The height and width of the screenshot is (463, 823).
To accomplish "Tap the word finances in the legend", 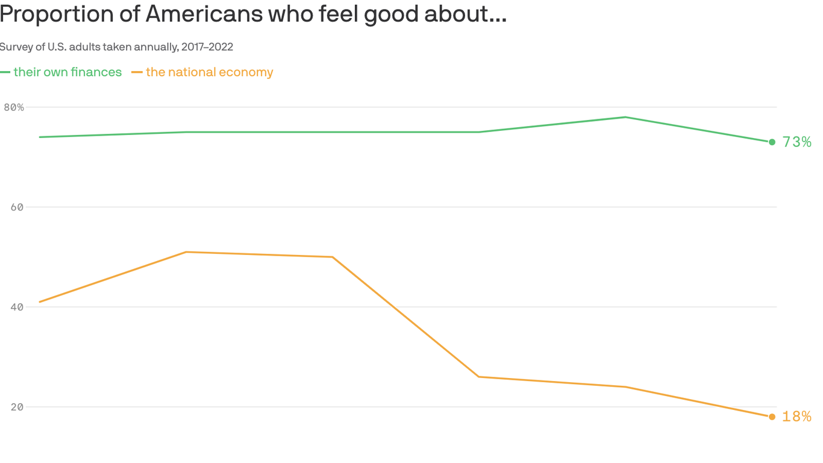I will [96, 72].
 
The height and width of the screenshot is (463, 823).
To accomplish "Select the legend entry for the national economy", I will [209, 72].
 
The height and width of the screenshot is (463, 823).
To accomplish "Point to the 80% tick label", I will [14, 107].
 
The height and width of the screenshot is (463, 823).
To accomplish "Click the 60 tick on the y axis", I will [17, 207].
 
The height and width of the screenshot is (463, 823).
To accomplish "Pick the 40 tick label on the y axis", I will [17, 307].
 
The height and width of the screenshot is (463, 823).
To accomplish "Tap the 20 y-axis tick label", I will [17, 407].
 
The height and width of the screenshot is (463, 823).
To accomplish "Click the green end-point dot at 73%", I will [772, 142].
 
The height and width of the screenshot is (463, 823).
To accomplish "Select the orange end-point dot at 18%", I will [772, 417].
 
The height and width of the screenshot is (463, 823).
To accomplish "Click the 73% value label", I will [796, 142].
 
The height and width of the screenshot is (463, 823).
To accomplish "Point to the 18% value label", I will [796, 417].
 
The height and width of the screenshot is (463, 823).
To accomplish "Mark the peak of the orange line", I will [186, 252].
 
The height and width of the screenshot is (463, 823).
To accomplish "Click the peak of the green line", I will [625, 117].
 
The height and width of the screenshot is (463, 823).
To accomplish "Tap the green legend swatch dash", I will [5, 72].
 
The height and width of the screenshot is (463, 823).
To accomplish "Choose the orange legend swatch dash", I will [137, 72].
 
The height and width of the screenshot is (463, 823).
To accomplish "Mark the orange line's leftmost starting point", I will [39, 302].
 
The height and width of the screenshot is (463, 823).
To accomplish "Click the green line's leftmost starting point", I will [39, 137].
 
